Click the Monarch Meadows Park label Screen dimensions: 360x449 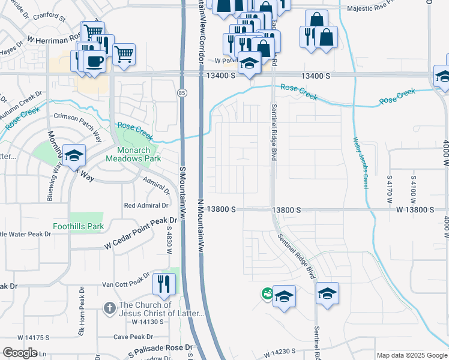click(x=130, y=154)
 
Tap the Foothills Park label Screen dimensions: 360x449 click(x=87, y=227)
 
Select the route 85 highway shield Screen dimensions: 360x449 click(x=181, y=92)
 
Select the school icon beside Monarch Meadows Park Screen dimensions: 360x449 click(x=74, y=155)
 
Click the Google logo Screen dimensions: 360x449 click(x=20, y=353)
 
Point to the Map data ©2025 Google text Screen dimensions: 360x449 click(x=412, y=355)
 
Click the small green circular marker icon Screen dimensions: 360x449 click(x=266, y=293)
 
